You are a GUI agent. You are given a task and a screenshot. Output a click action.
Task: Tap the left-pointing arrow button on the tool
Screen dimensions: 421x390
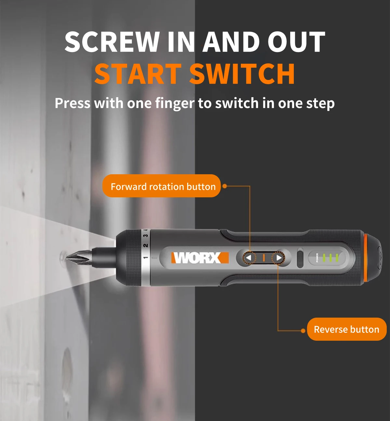249,258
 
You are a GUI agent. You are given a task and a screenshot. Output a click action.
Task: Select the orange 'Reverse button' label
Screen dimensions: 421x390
346,329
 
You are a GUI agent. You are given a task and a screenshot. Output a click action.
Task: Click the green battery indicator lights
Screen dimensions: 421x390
330,258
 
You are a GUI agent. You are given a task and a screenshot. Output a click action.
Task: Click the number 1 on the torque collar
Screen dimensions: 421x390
146,257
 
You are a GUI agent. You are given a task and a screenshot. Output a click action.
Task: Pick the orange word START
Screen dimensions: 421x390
138,74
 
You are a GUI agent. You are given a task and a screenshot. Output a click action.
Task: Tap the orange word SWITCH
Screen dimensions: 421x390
242,74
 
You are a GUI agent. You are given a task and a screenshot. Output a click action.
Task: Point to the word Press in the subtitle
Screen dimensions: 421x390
72,103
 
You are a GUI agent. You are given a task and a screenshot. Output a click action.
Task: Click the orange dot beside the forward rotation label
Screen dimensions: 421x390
225,186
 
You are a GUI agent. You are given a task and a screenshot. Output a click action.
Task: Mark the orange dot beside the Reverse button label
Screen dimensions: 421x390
303,331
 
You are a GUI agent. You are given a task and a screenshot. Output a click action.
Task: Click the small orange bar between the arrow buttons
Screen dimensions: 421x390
264,258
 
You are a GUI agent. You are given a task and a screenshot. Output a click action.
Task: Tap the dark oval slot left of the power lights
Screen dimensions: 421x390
300,258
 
